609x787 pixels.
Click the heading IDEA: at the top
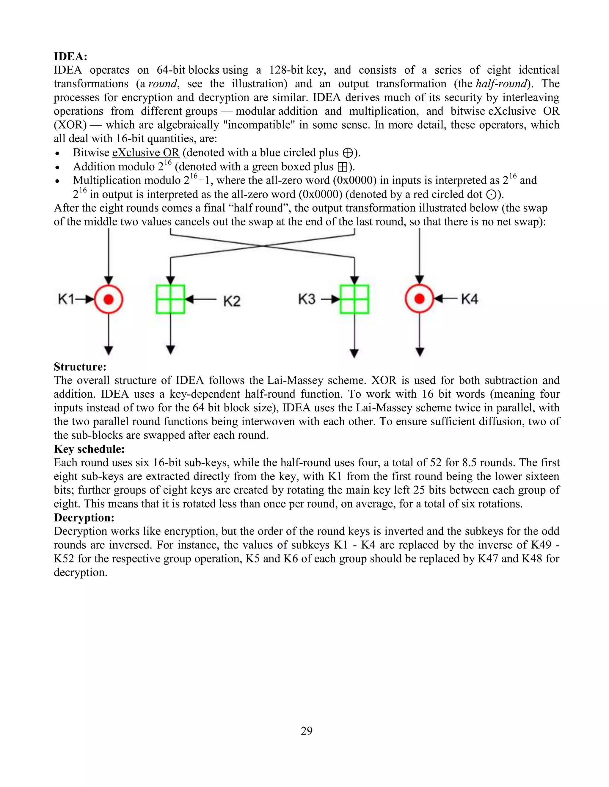pyautogui.click(x=71, y=56)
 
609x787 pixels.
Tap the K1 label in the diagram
pyautogui.click(x=66, y=299)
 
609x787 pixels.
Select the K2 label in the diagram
pyautogui.click(x=232, y=301)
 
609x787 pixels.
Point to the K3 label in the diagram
pyautogui.click(x=307, y=299)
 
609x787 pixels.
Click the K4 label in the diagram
pyautogui.click(x=469, y=299)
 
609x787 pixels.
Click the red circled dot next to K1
pyautogui.click(x=109, y=299)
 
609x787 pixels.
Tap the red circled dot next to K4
pyautogui.click(x=419, y=299)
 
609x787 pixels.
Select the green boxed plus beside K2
pyautogui.click(x=170, y=299)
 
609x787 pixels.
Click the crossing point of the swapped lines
pyautogui.click(x=263, y=246)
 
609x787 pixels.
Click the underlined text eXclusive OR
pyautogui.click(x=146, y=153)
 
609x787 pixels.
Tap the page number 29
pyautogui.click(x=306, y=731)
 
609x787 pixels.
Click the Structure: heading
pyautogui.click(x=80, y=366)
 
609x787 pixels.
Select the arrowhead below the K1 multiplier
pyautogui.click(x=109, y=350)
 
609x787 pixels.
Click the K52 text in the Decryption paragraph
pyautogui.click(x=64, y=559)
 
